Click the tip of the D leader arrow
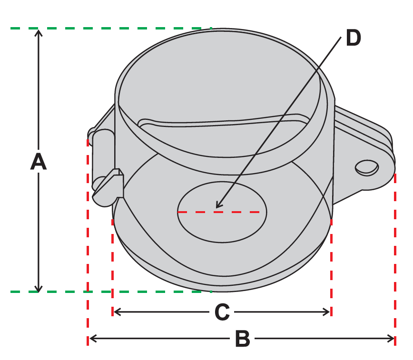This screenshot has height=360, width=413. tap(216, 208)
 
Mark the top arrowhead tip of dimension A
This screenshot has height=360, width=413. tap(39, 30)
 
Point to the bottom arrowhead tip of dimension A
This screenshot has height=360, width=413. tap(39, 292)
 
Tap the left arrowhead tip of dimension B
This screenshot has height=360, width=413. tap(89, 339)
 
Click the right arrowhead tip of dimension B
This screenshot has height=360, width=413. tap(394, 339)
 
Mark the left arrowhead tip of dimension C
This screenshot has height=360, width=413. tap(114, 312)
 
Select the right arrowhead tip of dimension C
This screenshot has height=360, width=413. tap(330, 312)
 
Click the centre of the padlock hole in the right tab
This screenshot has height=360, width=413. tap(367, 167)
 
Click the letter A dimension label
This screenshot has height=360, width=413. tap(39, 161)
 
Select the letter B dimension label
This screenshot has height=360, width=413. tap(242, 339)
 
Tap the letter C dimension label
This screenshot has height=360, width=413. tap(222, 312)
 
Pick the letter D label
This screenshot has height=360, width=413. tap(353, 38)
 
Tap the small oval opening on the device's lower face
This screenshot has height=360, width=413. tap(222, 212)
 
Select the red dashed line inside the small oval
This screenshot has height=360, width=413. tap(218, 212)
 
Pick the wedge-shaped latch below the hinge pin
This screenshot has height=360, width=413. tap(108, 187)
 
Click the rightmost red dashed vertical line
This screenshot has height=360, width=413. tap(395, 259)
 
